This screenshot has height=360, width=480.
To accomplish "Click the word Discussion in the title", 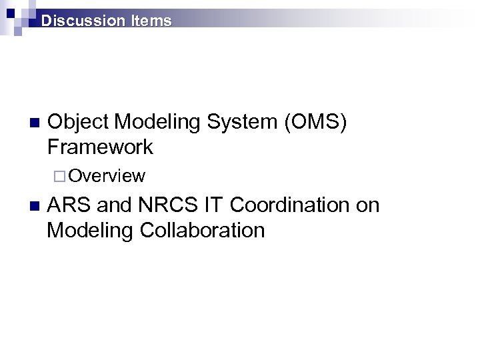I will click(83, 21).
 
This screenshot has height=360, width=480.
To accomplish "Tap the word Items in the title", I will click(151, 21).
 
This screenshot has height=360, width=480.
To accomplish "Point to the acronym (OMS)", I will click(315, 122).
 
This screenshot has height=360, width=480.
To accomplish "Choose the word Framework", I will click(100, 147).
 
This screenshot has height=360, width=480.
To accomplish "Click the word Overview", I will click(107, 176).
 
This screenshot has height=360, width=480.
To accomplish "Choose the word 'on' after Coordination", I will click(367, 205).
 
